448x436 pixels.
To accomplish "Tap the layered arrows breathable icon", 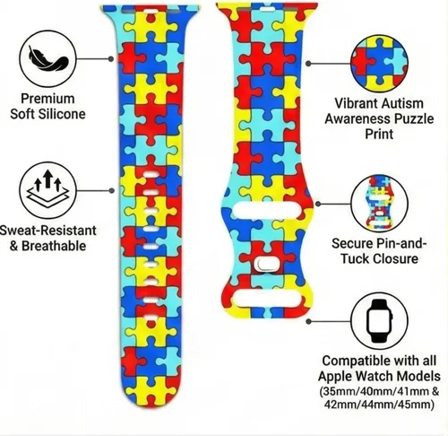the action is (47, 189).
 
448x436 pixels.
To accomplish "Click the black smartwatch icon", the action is (379, 321).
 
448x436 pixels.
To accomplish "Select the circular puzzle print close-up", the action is (379, 64).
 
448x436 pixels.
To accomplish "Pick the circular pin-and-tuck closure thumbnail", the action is (379, 204).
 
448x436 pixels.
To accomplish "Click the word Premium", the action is (47, 99).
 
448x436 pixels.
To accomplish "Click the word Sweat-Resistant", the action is (47, 231).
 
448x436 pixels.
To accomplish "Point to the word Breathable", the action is (54, 246).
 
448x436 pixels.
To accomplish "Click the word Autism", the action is (402, 103).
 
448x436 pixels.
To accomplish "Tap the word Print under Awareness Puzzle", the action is (379, 134).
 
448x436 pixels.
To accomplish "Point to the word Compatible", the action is (358, 361).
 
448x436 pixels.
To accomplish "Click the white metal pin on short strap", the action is (265, 263).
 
